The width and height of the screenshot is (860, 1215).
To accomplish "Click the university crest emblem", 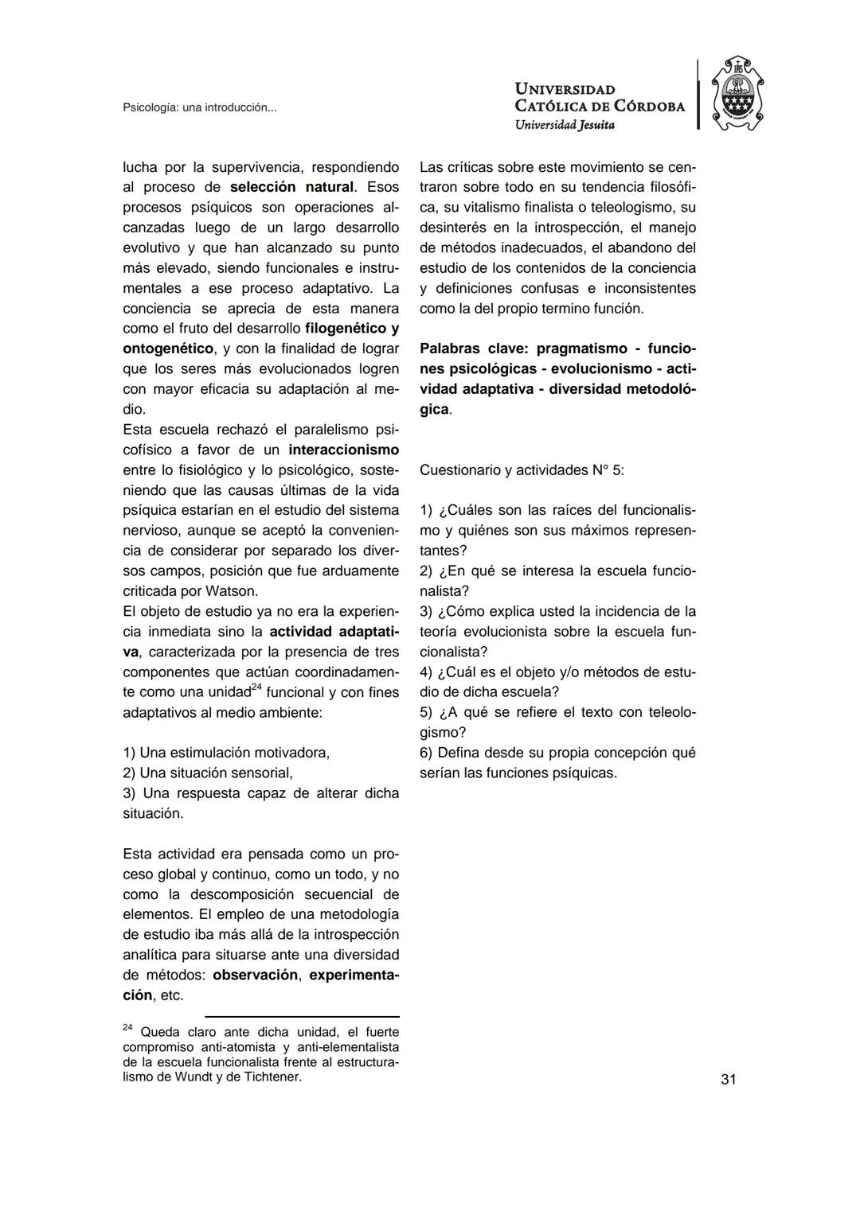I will [737, 95].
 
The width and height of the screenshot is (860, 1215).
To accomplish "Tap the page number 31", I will [728, 1079].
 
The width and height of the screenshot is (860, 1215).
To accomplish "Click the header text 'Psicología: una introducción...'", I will [200, 107].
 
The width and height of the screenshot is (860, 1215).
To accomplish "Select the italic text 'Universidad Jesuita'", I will [565, 124].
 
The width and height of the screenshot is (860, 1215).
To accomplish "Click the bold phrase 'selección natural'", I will [291, 188].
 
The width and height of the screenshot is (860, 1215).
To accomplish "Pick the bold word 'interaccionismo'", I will [343, 450].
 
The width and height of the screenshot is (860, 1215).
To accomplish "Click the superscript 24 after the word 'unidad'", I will [256, 687].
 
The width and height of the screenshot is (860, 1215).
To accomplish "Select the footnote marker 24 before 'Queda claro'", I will [127, 1028].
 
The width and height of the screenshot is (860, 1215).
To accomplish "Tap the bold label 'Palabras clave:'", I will [475, 349].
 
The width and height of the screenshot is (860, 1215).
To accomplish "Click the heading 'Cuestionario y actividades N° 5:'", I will [522, 470].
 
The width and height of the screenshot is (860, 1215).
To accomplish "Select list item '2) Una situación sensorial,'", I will [208, 773].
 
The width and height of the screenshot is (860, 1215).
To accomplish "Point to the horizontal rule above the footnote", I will [302, 1016].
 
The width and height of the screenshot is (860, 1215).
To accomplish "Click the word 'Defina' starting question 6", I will [459, 753].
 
